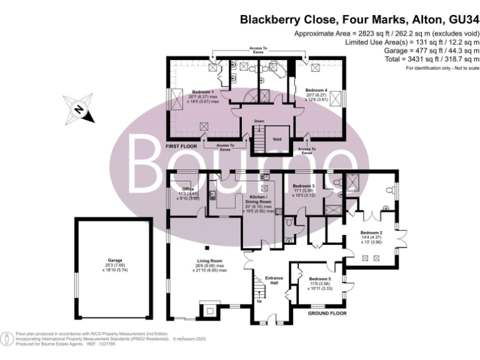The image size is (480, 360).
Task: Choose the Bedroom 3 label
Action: pyautogui.click(x=304, y=186)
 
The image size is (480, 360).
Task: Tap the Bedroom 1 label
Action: pyautogui.click(x=203, y=92)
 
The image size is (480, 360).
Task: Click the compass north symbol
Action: pyautogui.click(x=80, y=110)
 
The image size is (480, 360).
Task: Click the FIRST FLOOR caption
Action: pyautogui.click(x=181, y=146)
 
